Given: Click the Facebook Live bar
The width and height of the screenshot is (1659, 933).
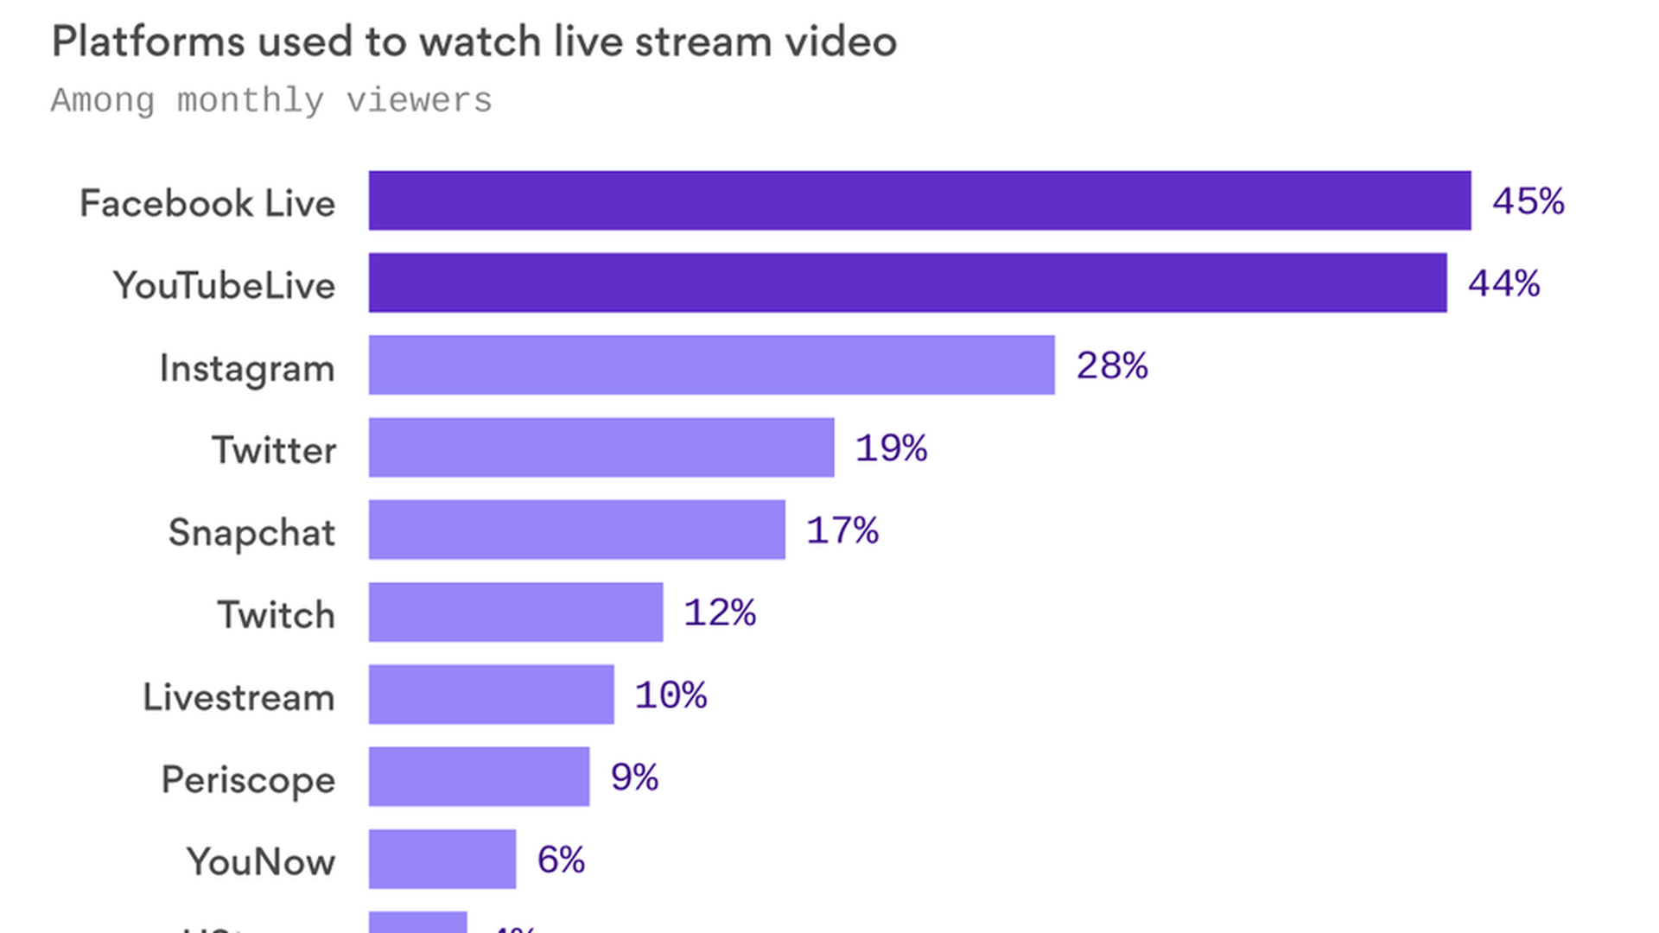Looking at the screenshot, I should (919, 200).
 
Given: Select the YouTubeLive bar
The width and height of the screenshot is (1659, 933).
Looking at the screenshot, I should (907, 282).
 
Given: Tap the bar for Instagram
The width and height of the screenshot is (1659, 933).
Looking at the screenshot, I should (711, 365).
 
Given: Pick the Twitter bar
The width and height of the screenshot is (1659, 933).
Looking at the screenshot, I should (601, 447).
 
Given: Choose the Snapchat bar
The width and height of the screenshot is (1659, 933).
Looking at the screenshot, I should (576, 530).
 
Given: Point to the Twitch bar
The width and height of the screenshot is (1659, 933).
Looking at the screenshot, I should (516, 612).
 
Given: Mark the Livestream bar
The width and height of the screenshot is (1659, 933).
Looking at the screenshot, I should (491, 695).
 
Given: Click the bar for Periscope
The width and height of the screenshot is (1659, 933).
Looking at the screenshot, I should (479, 777).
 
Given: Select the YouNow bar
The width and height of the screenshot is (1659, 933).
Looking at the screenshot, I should (442, 859).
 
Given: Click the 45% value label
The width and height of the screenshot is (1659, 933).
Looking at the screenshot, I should (1528, 201).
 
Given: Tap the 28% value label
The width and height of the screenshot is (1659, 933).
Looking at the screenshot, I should (1111, 366).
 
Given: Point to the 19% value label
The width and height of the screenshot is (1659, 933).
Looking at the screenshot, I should (891, 448).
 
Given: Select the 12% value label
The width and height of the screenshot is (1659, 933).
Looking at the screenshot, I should (720, 613).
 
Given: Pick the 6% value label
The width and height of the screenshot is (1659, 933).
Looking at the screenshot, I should (561, 860).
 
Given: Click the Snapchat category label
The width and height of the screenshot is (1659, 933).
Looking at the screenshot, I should (251, 532).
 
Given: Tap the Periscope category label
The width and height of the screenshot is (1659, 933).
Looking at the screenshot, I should (248, 780).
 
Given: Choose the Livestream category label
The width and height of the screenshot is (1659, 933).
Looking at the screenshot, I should (238, 697).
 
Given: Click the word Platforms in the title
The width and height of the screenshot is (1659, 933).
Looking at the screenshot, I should (148, 41).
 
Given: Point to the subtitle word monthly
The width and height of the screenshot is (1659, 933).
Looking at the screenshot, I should (251, 101).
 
